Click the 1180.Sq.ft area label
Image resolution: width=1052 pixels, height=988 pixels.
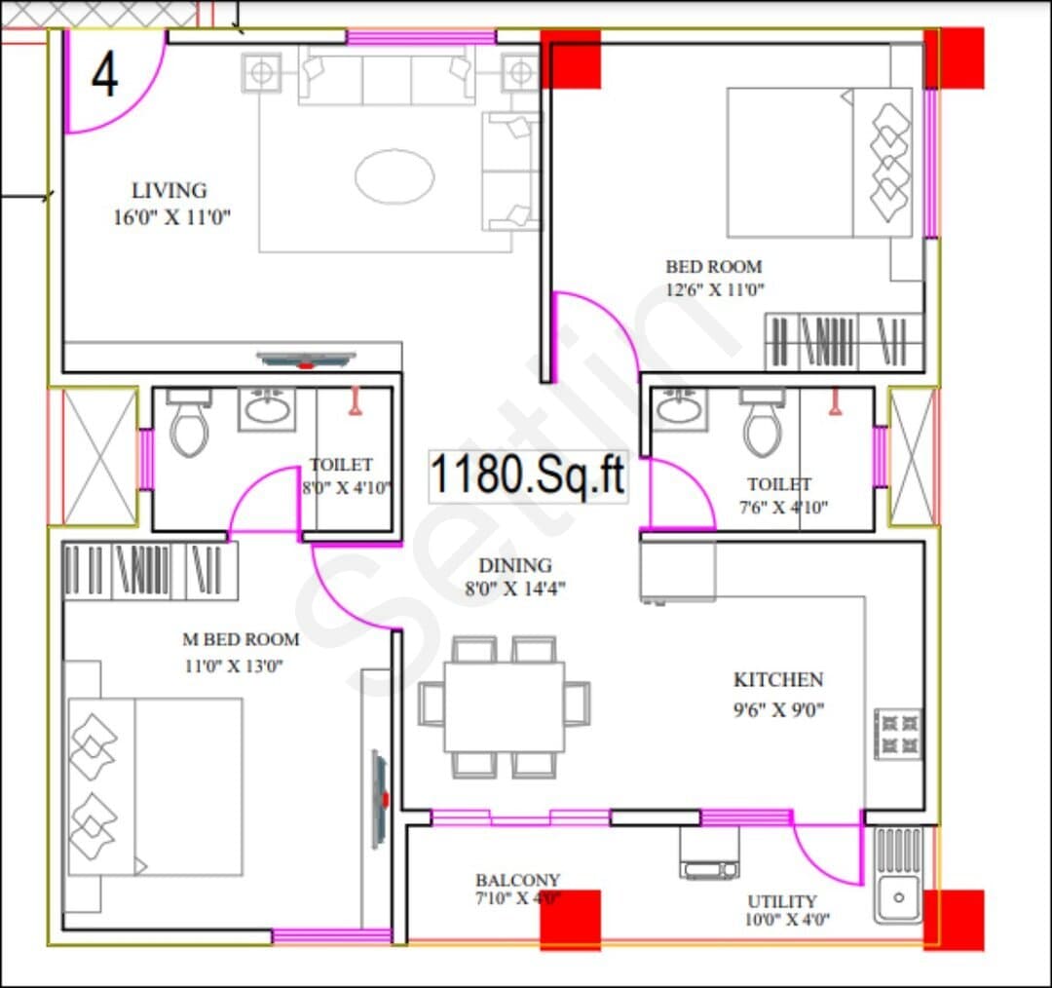[527, 475]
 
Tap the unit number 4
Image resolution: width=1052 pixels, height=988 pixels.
[104, 75]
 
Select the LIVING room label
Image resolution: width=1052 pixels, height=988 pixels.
[169, 191]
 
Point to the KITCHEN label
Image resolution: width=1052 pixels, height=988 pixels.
[778, 679]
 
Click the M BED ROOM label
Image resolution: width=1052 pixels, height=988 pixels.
[241, 639]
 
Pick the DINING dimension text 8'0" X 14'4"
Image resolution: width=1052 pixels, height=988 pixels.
[515, 589]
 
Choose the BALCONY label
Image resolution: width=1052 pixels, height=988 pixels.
[517, 879]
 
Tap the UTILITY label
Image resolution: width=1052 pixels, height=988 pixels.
[781, 900]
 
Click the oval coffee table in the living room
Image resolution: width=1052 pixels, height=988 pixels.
[394, 176]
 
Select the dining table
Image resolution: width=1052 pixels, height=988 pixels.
[505, 706]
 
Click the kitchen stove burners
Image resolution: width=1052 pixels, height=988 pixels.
[899, 735]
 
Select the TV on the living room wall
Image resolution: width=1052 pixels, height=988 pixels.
[306, 360]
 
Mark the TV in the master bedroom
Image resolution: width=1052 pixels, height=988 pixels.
[381, 800]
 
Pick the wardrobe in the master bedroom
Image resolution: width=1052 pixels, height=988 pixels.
[150, 571]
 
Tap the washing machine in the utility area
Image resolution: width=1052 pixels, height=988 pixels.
[709, 853]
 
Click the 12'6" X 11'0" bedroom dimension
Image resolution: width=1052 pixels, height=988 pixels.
[715, 290]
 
